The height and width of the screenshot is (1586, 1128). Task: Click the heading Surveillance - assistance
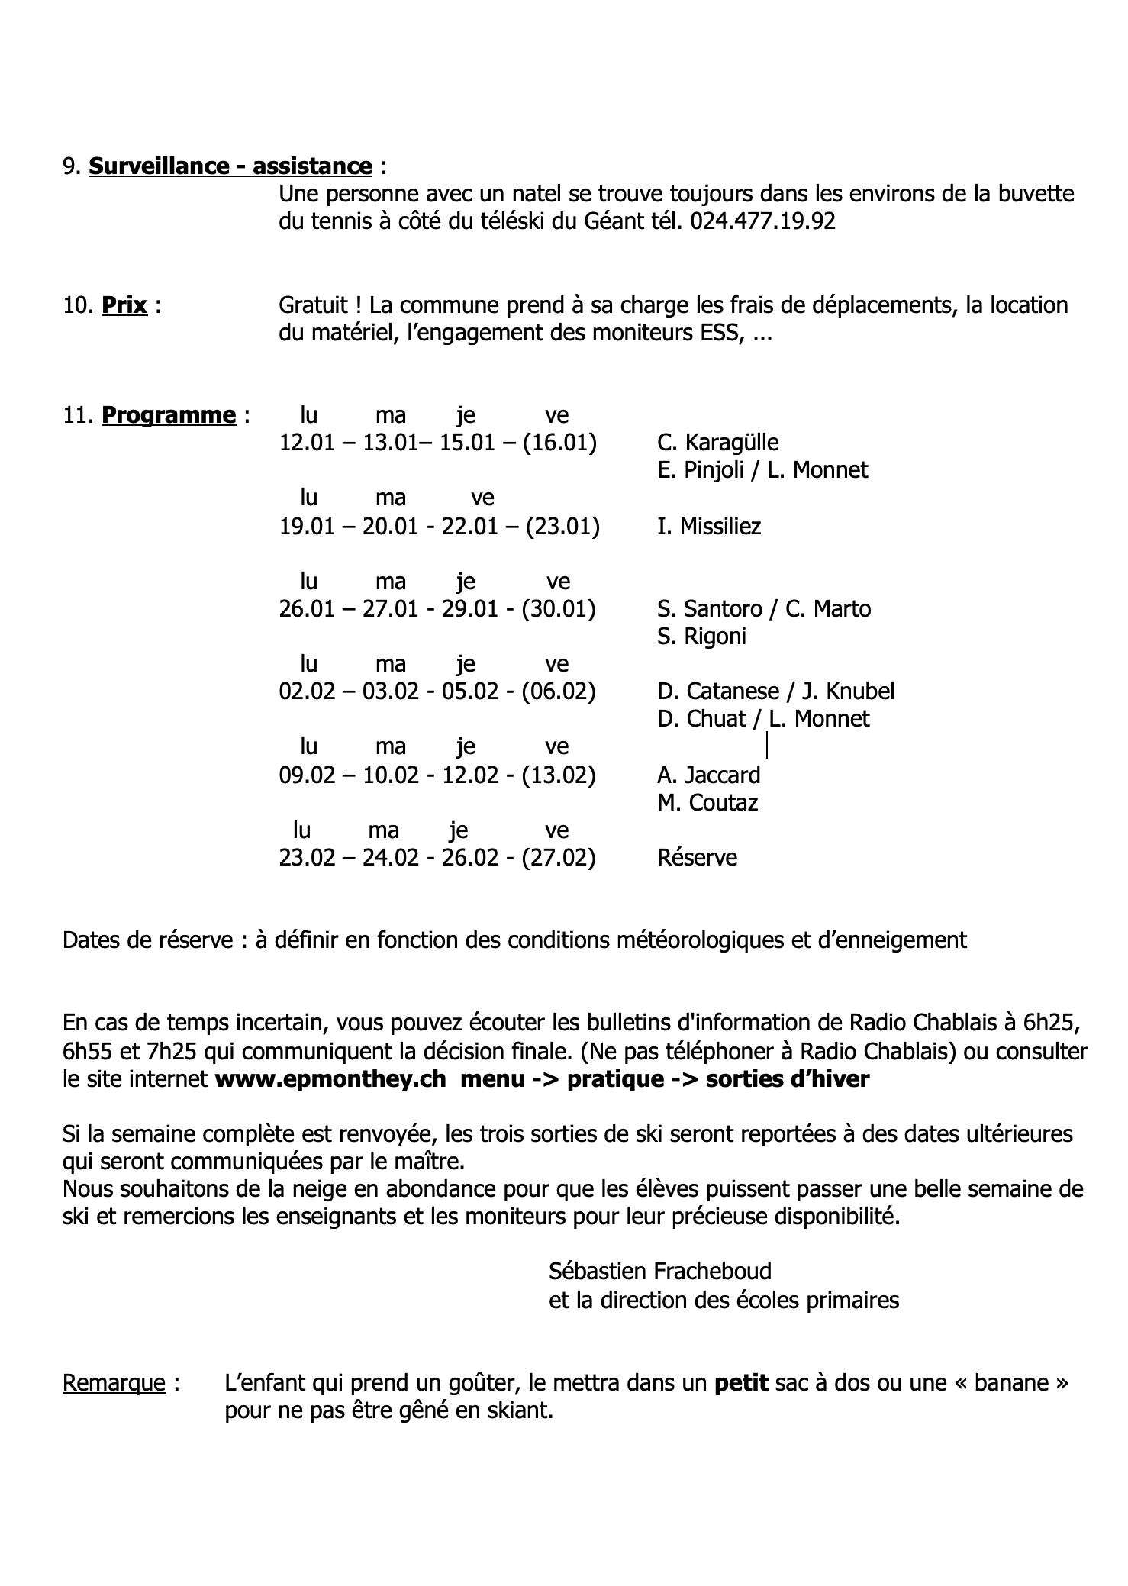[230, 166]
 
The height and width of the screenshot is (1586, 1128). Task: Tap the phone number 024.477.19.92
[762, 221]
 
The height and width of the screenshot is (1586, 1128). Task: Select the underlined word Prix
[124, 305]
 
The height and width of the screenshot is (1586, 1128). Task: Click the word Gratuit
[313, 305]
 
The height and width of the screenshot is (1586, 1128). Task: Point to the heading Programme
[169, 415]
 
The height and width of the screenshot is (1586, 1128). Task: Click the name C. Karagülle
[718, 443]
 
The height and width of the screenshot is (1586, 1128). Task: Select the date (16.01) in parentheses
[560, 443]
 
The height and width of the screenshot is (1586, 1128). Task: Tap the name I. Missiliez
[709, 527]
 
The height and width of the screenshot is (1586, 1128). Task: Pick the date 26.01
[307, 609]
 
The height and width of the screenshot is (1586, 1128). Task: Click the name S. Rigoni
[701, 637]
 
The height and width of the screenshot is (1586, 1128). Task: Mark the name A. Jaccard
[709, 775]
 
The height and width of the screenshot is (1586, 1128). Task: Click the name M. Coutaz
[707, 803]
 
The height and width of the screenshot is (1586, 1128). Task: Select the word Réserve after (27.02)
[697, 858]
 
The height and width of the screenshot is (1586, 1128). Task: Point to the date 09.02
[307, 775]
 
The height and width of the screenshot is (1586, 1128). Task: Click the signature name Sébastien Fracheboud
[660, 1272]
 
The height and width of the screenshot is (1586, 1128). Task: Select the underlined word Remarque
[114, 1383]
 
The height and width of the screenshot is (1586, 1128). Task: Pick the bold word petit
[741, 1383]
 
